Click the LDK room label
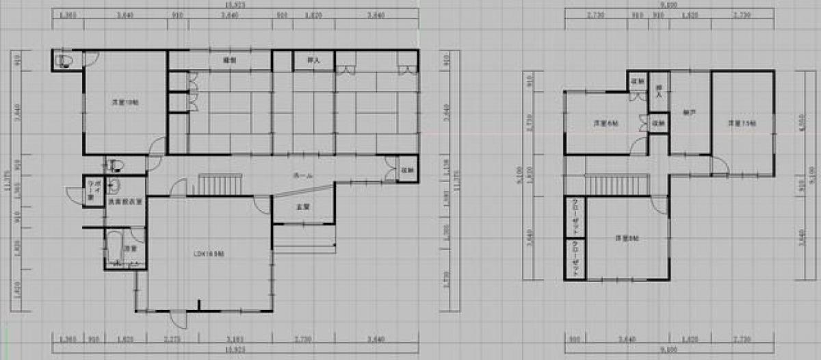pyautogui.click(x=209, y=253)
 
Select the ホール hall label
pyautogui.click(x=303, y=176)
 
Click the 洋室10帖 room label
pyautogui.click(x=124, y=103)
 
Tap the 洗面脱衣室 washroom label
pyautogui.click(x=124, y=202)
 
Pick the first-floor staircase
pyautogui.click(x=220, y=185)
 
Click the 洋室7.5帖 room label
pyautogui.click(x=741, y=124)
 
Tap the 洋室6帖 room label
pyautogui.click(x=605, y=124)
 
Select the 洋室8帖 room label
pyautogui.click(x=627, y=238)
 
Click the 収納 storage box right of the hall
pyautogui.click(x=406, y=170)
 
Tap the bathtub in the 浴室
pyautogui.click(x=114, y=248)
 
